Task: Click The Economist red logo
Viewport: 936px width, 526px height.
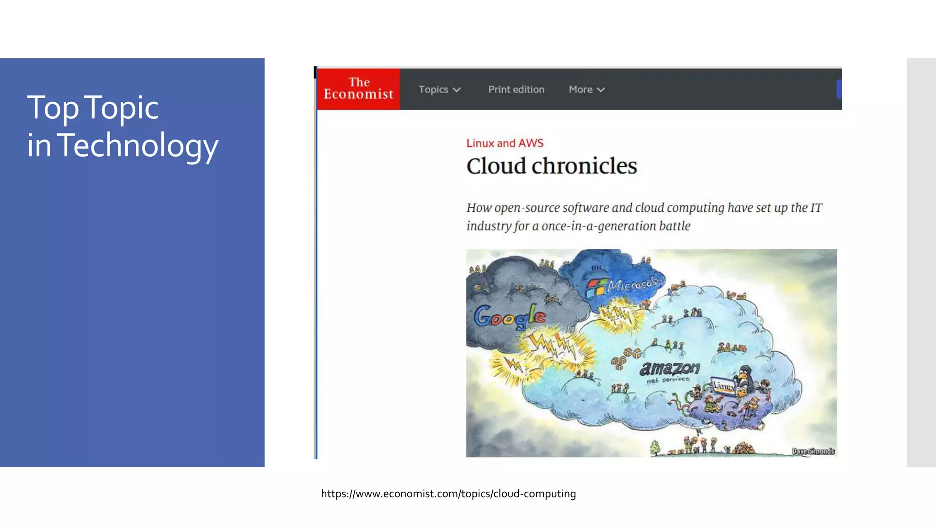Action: coord(358,89)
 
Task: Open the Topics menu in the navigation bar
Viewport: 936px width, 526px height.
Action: coord(439,89)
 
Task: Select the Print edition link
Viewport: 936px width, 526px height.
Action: coord(516,89)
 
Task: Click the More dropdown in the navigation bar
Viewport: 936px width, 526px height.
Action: coord(586,89)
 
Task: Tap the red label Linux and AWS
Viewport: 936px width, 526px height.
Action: coord(505,143)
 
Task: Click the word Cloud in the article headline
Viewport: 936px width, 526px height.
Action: coord(496,166)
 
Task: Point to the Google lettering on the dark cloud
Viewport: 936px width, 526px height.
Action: coord(509,316)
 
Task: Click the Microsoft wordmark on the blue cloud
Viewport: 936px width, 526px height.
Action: coord(634,284)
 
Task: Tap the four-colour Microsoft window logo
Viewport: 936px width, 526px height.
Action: coord(596,289)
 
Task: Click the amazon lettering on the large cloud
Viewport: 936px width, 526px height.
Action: coord(670,368)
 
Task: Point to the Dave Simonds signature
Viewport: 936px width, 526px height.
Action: coord(813,451)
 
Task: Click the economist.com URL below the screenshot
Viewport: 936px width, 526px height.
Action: coord(448,494)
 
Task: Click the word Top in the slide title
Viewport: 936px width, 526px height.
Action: coord(53,108)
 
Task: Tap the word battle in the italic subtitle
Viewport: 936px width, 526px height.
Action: coord(675,226)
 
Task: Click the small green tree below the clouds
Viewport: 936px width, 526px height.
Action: coord(655,447)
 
